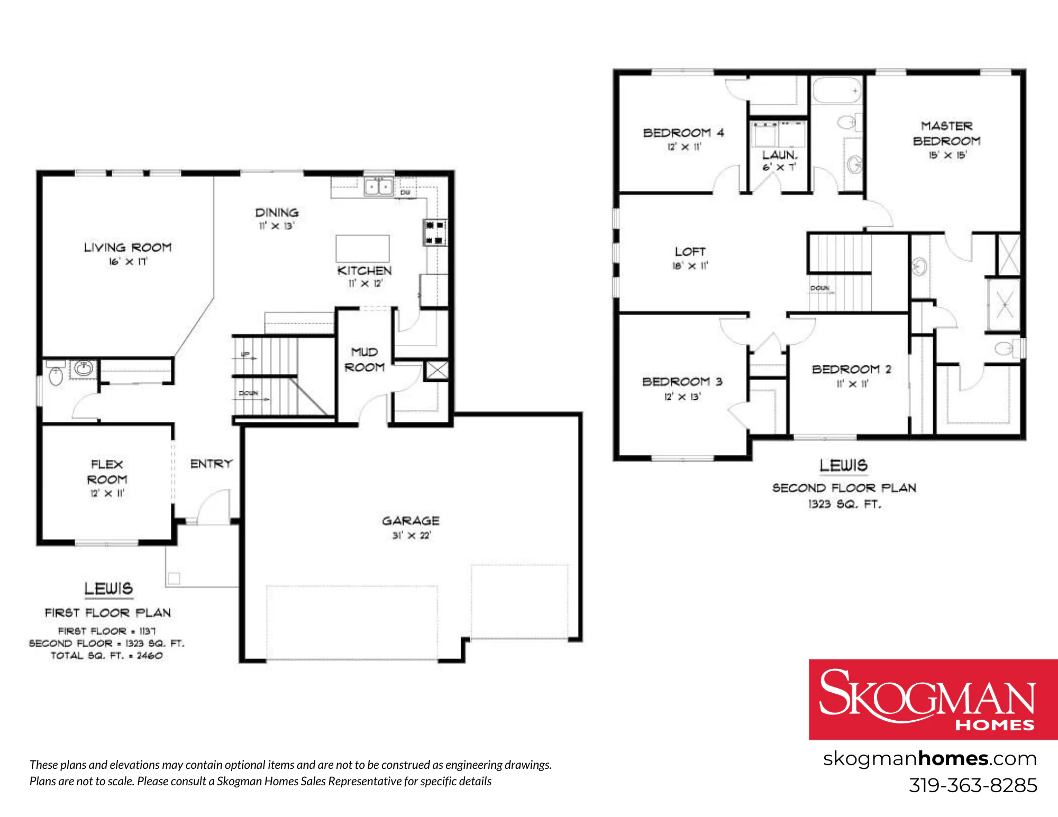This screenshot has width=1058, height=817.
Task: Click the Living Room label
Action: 128,247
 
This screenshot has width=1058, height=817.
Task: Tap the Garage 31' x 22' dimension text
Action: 411,536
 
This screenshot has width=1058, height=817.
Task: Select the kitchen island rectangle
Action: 362,249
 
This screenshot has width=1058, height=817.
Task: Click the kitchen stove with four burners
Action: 434,233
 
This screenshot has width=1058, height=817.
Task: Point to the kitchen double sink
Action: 378,187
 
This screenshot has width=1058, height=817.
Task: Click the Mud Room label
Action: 364,360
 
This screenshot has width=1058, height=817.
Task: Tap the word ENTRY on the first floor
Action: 212,464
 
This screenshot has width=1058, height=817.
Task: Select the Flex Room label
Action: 107,472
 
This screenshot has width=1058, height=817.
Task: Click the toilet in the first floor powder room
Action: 55,375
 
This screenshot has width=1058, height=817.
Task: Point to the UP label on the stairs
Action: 245,354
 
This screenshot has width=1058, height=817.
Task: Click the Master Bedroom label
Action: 947,133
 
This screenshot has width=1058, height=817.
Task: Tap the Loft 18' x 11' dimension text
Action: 690,266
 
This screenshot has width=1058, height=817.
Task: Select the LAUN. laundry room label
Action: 780,155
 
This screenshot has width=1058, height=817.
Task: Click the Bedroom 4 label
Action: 683,133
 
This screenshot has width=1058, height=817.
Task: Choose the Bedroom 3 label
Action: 682,381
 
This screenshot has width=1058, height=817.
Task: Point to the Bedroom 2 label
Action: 852,369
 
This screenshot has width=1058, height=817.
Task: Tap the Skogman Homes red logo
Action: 933,699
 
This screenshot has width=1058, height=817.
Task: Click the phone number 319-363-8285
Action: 973,785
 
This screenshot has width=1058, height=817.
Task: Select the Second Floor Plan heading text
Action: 844,488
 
